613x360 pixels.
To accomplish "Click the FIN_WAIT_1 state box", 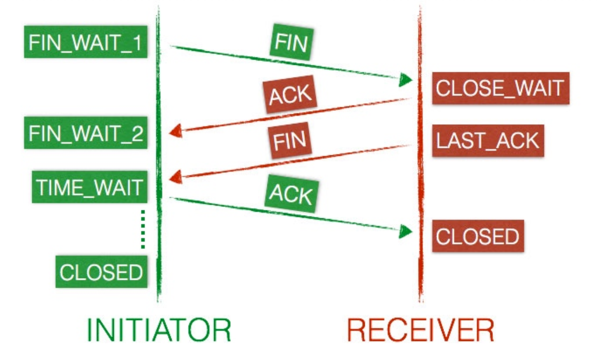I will pos(85,42).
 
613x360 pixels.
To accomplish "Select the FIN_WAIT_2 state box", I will pos(85,133).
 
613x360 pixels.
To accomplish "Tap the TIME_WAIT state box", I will pos(89,187).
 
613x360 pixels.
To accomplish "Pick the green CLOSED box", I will pos(101,272).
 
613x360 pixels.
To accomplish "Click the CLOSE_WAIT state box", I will pos(500,88).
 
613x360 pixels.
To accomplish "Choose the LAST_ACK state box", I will pos(488,141).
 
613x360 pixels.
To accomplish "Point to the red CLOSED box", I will pos(478,236).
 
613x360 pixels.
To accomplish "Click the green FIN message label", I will pos(291,42).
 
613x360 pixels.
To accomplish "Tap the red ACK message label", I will pos(290,94).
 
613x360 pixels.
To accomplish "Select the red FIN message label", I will pos(290,140).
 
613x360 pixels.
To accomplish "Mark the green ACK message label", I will pos(291,193).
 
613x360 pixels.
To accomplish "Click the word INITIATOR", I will pos(158,330).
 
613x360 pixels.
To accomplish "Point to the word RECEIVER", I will pos(420,330).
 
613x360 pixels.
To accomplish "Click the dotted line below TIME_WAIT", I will pos(143,229).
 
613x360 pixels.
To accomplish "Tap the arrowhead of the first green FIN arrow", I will pos(405,80).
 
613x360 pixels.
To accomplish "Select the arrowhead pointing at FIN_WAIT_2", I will pos(176,131).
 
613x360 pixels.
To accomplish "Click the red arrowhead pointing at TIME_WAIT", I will pos(176,177).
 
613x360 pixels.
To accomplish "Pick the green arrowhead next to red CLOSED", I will pos(405,231).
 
